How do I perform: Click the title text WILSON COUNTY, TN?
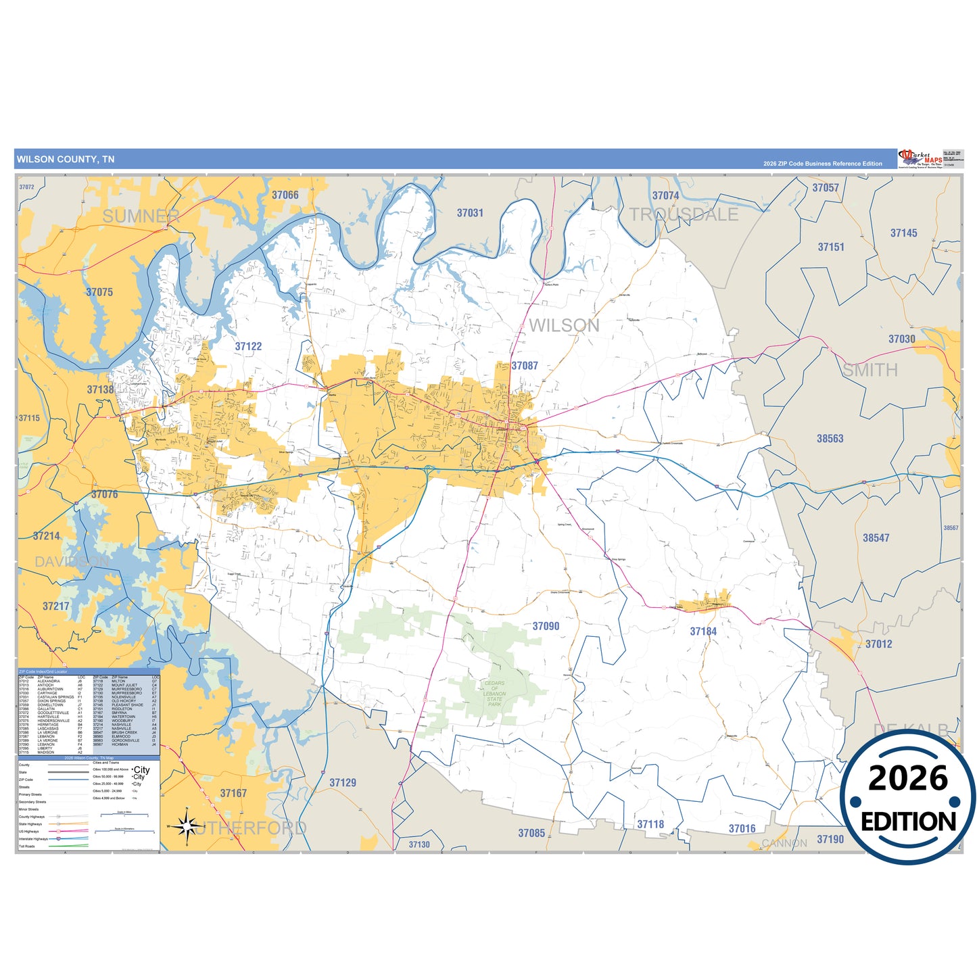[x=66, y=160]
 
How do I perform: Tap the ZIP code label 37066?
[x=285, y=195]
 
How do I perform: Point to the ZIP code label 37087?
[x=524, y=366]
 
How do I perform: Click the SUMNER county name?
[x=141, y=216]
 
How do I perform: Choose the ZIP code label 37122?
[x=248, y=346]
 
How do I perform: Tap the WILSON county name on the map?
[x=564, y=326]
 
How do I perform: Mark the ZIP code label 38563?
[x=830, y=439]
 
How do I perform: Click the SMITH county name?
[x=869, y=371]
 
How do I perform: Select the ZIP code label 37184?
[x=703, y=632]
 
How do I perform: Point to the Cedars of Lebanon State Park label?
[x=494, y=694]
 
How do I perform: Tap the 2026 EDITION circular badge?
[x=907, y=798]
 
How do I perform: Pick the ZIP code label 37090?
[x=546, y=626]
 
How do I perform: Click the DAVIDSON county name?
[x=72, y=562]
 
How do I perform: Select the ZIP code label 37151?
[x=831, y=247]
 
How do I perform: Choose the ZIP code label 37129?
[x=342, y=783]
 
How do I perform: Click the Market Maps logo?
[x=920, y=159]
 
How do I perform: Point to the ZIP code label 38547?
[x=876, y=538]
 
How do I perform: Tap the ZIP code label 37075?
[x=99, y=292]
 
